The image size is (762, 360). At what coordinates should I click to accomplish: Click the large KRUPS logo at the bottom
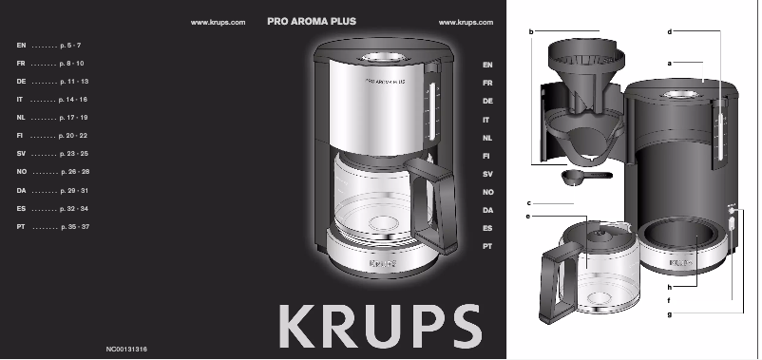(x=380, y=325)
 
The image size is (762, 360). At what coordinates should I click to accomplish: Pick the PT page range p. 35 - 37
(x=74, y=227)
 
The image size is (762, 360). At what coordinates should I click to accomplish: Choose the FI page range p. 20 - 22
(x=72, y=136)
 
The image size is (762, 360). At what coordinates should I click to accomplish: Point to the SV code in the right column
(x=487, y=173)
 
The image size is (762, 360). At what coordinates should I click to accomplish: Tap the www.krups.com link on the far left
(x=219, y=21)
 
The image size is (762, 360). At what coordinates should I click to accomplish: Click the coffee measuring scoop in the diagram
(x=577, y=176)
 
